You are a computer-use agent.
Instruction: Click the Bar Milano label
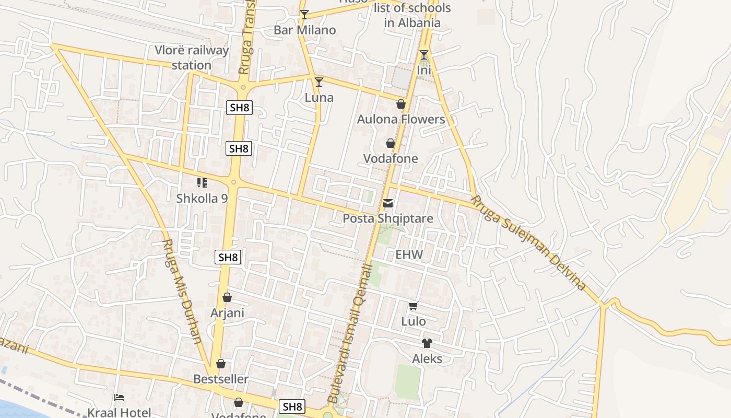tap(305, 30)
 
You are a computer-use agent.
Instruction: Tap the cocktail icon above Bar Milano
tap(304, 15)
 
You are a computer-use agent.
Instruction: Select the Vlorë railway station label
tap(192, 57)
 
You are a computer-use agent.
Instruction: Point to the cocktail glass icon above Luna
tap(319, 82)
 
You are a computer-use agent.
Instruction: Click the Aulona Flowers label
tap(401, 119)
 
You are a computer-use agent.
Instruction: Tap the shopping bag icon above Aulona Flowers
tap(401, 104)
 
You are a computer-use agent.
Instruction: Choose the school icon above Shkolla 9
tap(202, 183)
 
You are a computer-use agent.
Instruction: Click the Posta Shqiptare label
tap(388, 218)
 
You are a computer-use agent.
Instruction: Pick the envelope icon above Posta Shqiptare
tap(388, 203)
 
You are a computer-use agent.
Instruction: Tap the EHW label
tap(409, 255)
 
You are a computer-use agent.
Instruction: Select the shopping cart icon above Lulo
tap(413, 306)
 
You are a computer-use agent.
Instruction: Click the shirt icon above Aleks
tap(427, 343)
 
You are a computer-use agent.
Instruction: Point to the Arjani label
tap(227, 313)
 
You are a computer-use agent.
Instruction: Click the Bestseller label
tap(221, 379)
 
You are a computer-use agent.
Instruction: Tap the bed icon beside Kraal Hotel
tap(119, 398)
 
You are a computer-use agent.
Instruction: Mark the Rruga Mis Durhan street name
tap(182, 291)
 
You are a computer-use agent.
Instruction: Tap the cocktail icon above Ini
tap(424, 55)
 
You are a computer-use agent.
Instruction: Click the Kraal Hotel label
tap(120, 412)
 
